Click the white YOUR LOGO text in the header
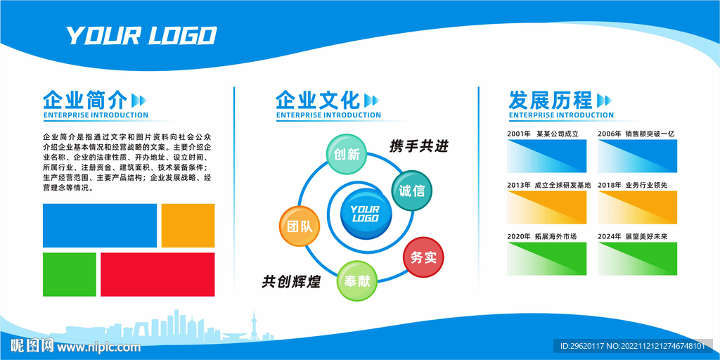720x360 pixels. coord(141,36)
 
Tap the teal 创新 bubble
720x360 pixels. coord(347,154)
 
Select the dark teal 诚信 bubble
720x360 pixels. coord(411,191)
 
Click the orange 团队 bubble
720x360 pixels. coord(300,226)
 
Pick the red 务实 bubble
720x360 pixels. coord(423,257)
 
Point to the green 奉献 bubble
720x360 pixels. coord(357,281)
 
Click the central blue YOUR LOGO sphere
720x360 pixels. coord(366,214)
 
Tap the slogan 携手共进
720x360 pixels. coord(418,146)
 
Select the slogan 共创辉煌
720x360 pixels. coord(291,281)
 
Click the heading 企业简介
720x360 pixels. coord(85,100)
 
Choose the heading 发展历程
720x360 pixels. coord(551,100)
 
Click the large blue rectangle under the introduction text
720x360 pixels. coord(100,226)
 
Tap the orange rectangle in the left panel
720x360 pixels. coord(188,226)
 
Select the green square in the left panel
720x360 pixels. coord(70,274)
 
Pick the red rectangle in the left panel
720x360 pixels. coord(157,274)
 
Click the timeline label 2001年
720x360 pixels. coord(519,134)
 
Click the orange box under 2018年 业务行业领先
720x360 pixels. coord(637,207)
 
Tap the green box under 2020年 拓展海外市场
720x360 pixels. coord(546,259)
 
